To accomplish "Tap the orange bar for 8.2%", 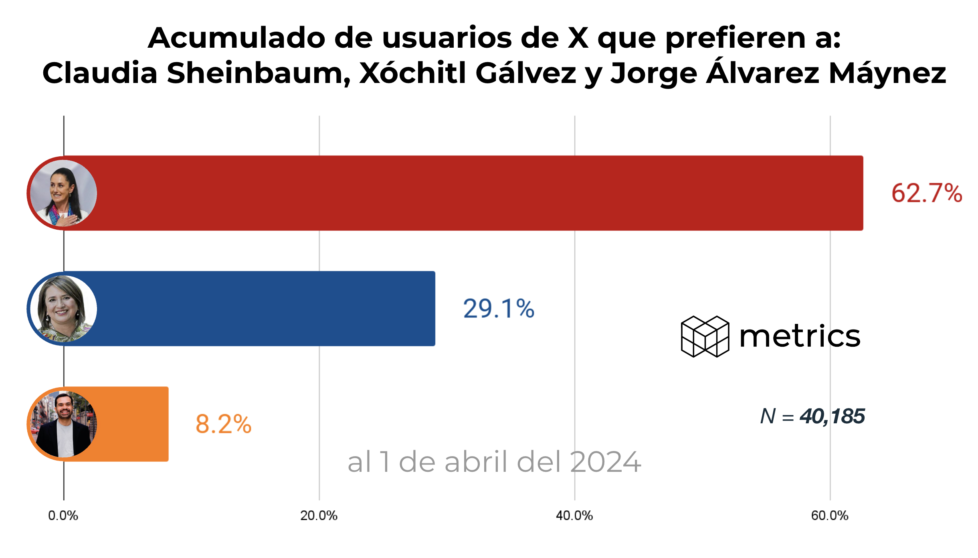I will click(x=132, y=424).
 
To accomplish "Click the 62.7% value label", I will click(x=926, y=193).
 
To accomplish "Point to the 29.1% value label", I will click(x=499, y=309).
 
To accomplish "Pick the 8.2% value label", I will click(x=223, y=424).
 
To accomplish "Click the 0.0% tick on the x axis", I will click(x=63, y=516).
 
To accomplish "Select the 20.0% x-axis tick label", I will click(x=319, y=516).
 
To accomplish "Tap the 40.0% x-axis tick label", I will click(x=574, y=516).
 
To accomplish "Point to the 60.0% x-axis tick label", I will click(x=829, y=516).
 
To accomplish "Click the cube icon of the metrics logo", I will click(x=705, y=336).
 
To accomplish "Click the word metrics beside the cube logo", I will click(x=800, y=336).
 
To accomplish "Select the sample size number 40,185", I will click(x=832, y=416).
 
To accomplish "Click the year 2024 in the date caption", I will click(x=605, y=462).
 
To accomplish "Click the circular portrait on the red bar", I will click(x=63, y=193).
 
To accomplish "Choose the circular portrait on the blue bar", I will click(x=63, y=308).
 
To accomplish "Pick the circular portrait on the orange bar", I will click(x=63, y=424).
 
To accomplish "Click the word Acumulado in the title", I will click(x=236, y=38).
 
